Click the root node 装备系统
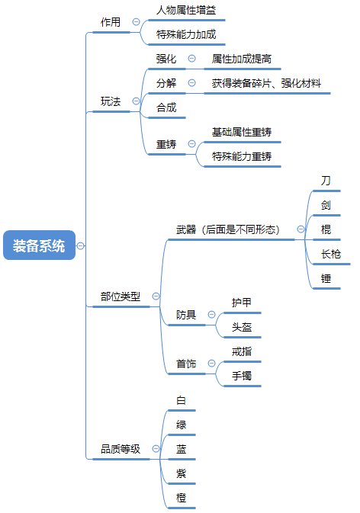[x=39, y=245]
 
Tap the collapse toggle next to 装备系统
[x=81, y=245]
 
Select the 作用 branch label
[x=111, y=22]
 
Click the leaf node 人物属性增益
[x=186, y=10]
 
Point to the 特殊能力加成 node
[x=186, y=34]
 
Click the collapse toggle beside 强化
[x=191, y=59]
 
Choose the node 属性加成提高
[x=242, y=59]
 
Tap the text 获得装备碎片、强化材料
[x=266, y=83]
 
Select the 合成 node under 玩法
[x=166, y=107]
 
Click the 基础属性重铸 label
[x=242, y=132]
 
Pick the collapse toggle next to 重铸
[x=191, y=144]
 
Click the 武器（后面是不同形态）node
[x=228, y=229]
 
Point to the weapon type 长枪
[x=331, y=254]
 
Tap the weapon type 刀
[x=326, y=181]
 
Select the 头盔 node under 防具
[x=242, y=327]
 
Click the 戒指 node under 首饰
[x=242, y=351]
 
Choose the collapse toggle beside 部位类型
[x=156, y=296]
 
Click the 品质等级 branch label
[x=121, y=449]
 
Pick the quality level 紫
[x=181, y=473]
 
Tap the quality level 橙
[x=181, y=498]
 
